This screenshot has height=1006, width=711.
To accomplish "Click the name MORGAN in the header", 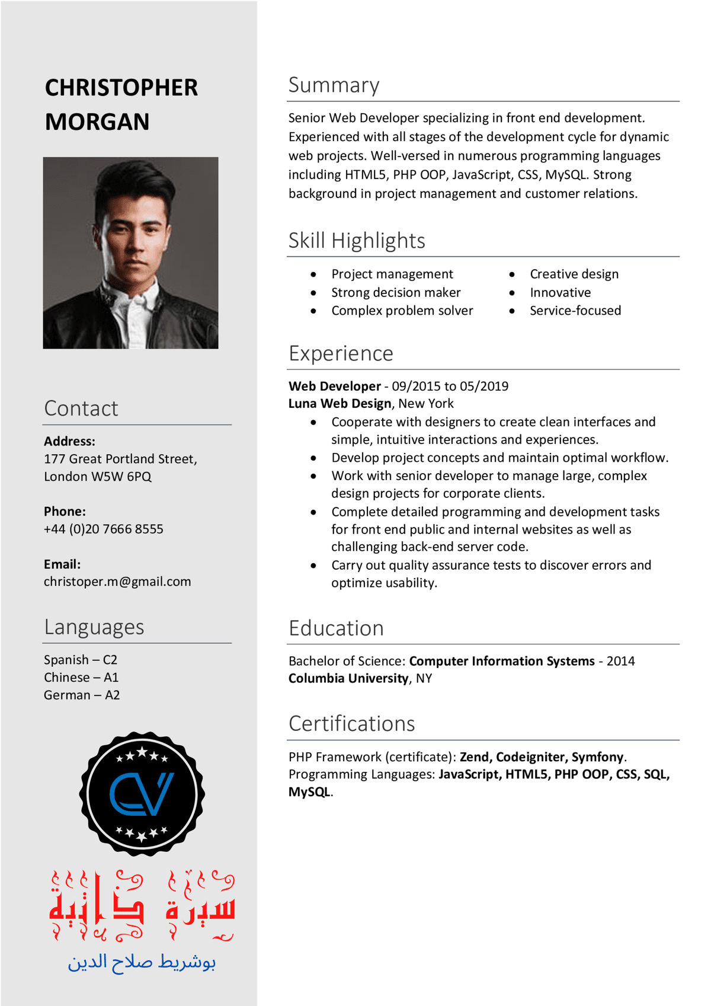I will tap(97, 122).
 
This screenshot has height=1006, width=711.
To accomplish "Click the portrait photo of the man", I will tap(130, 253).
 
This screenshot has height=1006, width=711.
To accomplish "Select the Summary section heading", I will tap(334, 85).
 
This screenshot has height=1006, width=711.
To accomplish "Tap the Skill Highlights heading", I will tap(357, 241).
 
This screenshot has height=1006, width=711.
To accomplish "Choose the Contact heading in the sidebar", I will tap(81, 408).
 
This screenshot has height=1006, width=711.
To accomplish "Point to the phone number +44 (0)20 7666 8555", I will tap(104, 529).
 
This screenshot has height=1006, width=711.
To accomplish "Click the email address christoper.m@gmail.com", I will tap(117, 582).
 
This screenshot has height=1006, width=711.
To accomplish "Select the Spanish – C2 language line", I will tap(81, 660).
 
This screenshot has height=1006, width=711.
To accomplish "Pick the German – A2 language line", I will tap(82, 695).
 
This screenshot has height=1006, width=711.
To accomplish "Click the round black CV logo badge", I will tap(142, 794).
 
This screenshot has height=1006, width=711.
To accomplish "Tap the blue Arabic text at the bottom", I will tap(142, 962).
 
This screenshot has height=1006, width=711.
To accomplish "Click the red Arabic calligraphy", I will tap(142, 905).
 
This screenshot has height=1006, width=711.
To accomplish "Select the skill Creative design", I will tap(574, 274).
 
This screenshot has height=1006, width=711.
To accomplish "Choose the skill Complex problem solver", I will tap(402, 311).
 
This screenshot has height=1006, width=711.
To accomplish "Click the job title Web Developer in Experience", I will tap(335, 386).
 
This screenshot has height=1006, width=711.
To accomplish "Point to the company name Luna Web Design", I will tap(340, 404).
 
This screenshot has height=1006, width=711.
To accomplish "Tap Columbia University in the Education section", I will tap(348, 678).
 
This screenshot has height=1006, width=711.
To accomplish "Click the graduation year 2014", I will tap(620, 661).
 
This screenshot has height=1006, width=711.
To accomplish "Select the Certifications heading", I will tap(352, 724).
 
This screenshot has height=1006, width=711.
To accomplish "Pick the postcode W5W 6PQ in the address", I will tap(121, 477).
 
